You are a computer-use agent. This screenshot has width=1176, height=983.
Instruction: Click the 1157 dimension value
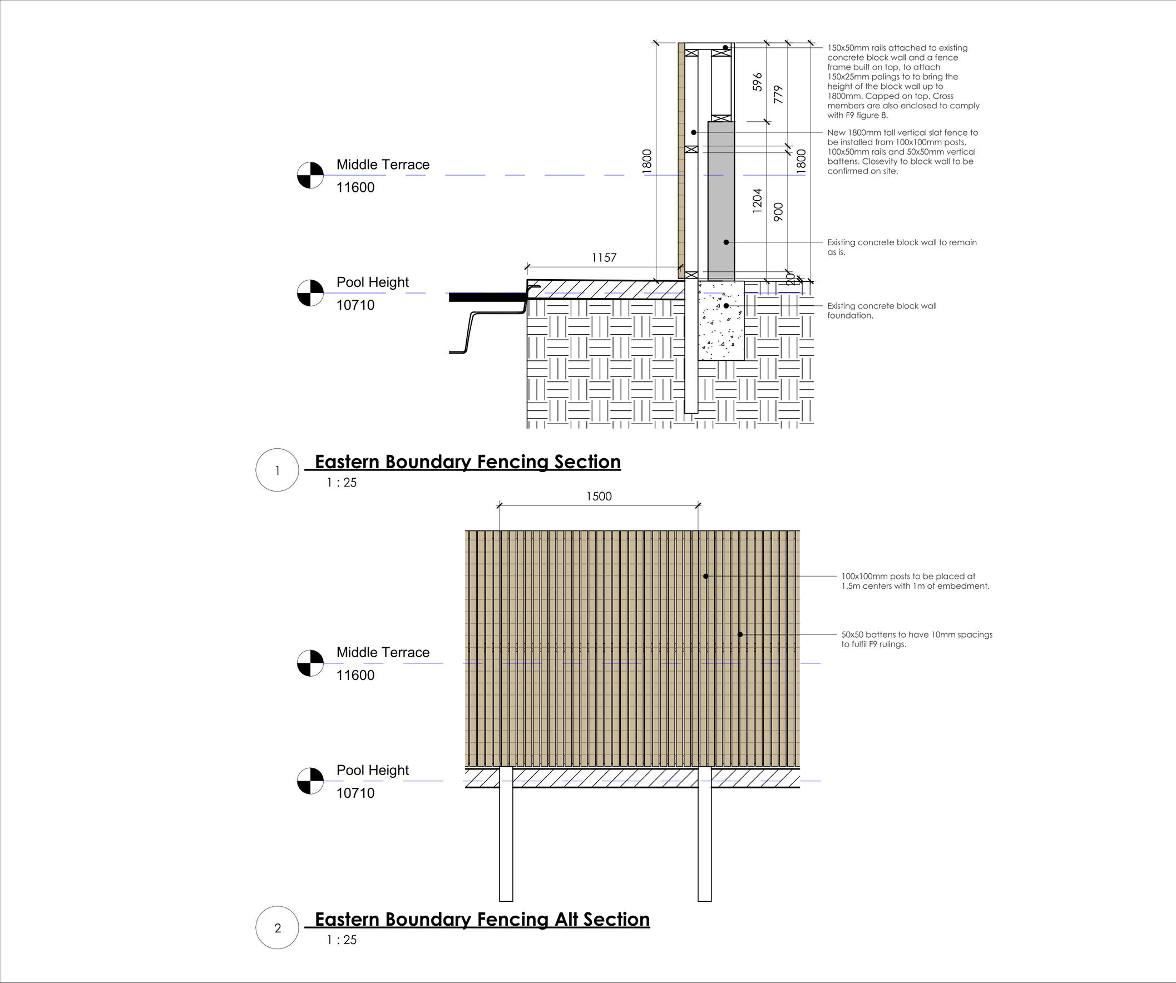pos(604,258)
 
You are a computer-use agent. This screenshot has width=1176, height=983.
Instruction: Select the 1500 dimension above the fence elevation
pos(599,497)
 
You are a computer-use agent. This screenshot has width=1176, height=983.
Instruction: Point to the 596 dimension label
pos(757,82)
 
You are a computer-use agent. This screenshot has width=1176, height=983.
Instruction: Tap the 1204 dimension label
pos(757,200)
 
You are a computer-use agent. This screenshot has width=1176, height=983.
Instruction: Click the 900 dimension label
pos(778,212)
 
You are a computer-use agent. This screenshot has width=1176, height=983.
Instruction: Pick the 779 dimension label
pos(778,94)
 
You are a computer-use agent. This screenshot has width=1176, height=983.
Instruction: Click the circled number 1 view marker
pos(277,470)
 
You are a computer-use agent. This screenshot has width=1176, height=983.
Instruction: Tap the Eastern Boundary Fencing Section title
pos(468,462)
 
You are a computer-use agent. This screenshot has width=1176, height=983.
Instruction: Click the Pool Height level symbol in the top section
pos(310,293)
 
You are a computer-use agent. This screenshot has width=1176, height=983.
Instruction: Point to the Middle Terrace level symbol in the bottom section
pos(310,663)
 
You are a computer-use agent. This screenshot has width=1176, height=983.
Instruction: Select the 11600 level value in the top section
pos(355,187)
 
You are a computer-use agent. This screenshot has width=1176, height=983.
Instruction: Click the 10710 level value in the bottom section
pos(355,793)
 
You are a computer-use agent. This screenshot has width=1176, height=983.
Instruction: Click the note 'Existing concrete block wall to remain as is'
pos(902,247)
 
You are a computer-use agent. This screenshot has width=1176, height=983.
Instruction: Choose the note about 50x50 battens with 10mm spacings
pos(917,639)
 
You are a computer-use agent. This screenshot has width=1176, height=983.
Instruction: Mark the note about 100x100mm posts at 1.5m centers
pos(915,581)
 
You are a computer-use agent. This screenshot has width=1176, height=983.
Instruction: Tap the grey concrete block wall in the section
pos(722,201)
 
